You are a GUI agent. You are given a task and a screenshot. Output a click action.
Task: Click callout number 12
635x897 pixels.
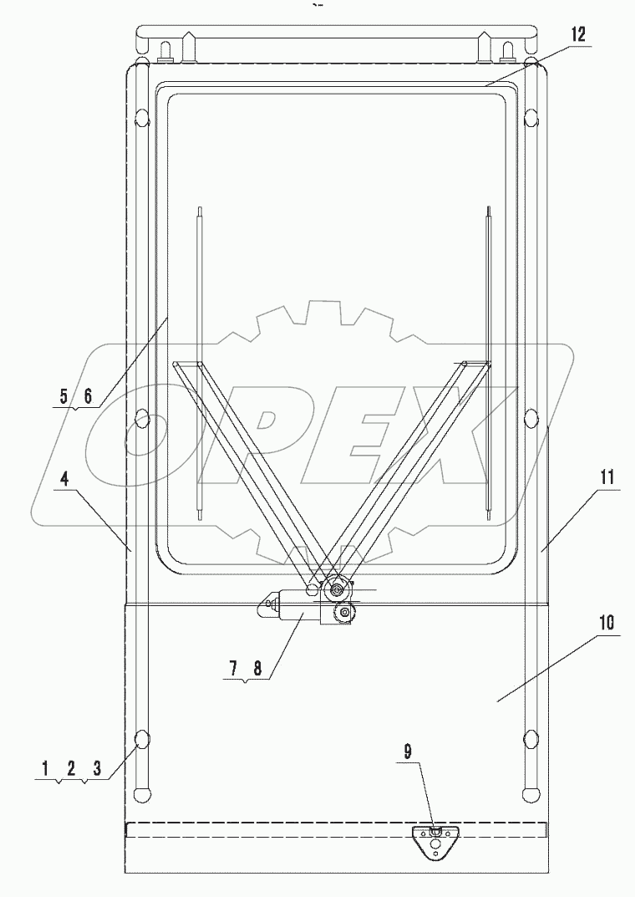click(579, 36)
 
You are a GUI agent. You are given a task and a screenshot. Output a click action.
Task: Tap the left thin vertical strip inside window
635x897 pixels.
click(199, 362)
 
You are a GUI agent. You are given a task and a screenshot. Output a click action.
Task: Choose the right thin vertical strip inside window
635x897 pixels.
click(487, 362)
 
